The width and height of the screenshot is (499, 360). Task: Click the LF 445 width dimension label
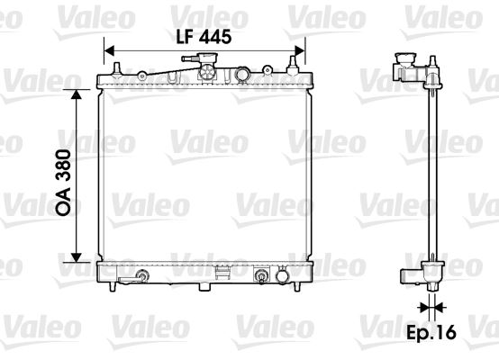click(x=204, y=37)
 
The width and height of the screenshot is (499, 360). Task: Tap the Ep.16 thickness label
click(x=432, y=333)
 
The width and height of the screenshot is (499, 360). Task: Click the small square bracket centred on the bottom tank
click(x=220, y=270)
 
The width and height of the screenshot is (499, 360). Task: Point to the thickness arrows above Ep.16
click(x=431, y=307)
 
